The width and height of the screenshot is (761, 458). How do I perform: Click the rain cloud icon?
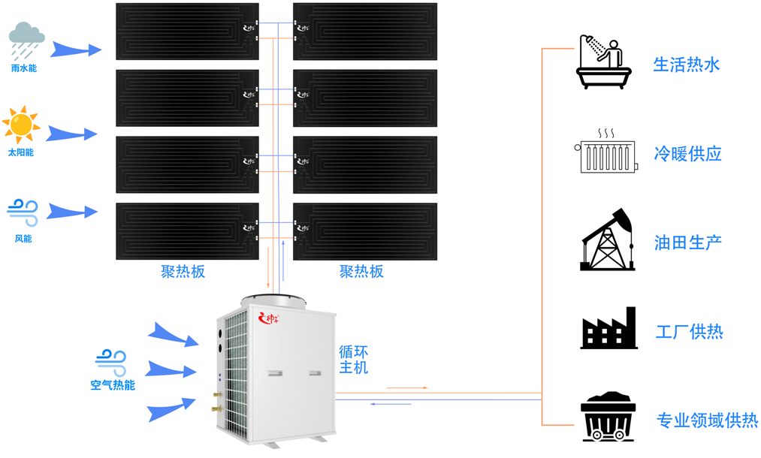[26, 40]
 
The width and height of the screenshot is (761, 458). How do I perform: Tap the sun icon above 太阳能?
[20, 124]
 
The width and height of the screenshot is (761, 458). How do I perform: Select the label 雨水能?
[24, 68]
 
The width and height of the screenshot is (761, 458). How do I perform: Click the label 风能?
[23, 239]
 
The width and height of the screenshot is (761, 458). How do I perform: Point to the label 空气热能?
[113, 385]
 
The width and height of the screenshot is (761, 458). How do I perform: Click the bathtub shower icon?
[604, 63]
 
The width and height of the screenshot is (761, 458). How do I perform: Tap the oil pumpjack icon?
[607, 241]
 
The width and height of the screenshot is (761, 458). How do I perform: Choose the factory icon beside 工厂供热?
[608, 329]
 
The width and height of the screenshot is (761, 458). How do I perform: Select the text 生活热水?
[687, 65]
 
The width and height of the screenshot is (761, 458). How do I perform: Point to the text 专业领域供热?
[707, 420]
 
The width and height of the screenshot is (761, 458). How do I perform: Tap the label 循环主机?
[353, 360]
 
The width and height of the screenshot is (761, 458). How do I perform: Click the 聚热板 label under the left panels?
[183, 271]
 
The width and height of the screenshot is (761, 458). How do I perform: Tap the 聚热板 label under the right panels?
[361, 271]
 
